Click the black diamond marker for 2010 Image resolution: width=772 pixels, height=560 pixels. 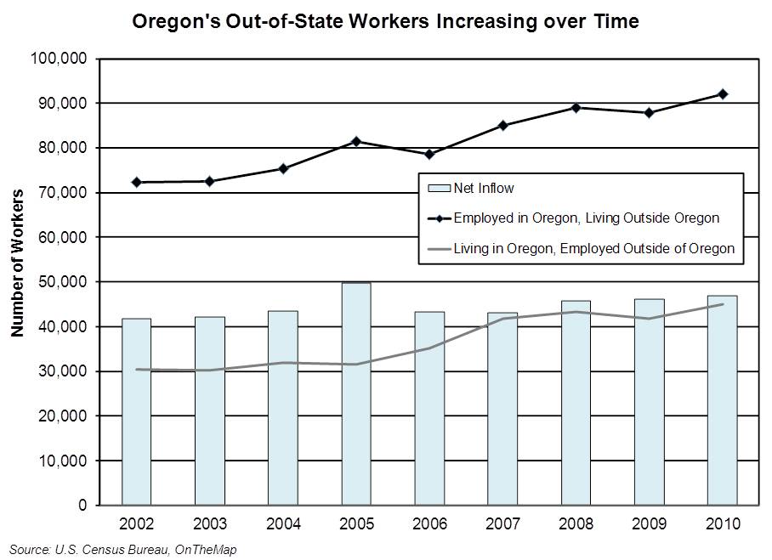723,93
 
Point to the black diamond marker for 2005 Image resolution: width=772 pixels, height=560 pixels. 356,141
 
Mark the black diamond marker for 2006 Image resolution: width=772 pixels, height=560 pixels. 429,154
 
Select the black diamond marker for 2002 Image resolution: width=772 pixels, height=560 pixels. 136,182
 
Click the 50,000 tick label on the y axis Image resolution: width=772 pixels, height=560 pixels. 62,282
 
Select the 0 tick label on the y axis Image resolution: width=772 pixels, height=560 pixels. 83,506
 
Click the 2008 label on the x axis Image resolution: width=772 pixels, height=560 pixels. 576,522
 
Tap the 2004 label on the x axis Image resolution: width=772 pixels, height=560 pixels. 282,522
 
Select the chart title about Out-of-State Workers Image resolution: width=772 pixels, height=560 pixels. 385,21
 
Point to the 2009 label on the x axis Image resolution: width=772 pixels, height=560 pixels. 650,522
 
